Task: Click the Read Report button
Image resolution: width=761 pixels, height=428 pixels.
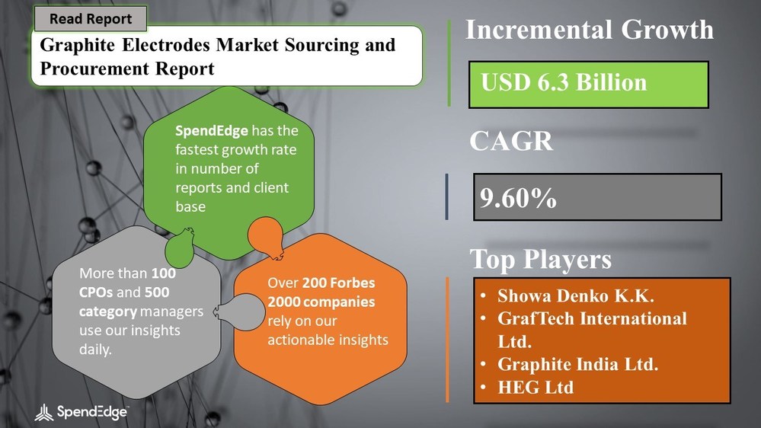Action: (x=91, y=19)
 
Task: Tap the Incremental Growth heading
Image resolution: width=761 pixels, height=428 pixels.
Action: (x=589, y=30)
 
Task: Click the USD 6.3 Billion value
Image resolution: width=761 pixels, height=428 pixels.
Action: (x=564, y=82)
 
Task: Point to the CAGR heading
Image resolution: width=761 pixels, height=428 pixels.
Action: (x=510, y=141)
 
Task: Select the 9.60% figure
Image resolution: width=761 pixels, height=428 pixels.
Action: (x=519, y=198)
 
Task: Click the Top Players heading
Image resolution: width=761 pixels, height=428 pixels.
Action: (x=540, y=259)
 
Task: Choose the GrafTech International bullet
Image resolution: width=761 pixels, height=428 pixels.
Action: (x=592, y=318)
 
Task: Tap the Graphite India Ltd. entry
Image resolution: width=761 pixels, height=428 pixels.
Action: (x=578, y=364)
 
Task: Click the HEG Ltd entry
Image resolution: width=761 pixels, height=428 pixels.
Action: (x=536, y=387)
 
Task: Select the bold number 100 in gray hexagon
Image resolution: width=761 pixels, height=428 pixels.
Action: (x=161, y=272)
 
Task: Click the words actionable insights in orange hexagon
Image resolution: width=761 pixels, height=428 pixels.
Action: (x=328, y=340)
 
